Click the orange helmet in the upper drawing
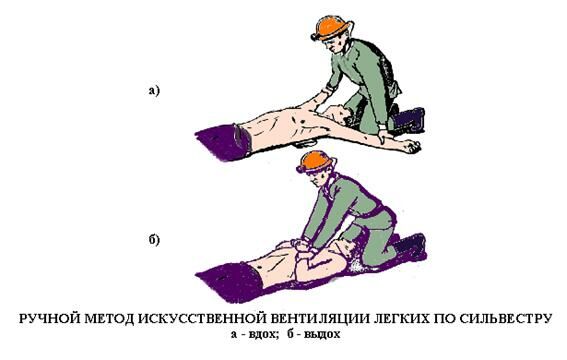332,27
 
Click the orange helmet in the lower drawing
315,162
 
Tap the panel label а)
154,90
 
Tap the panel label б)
154,240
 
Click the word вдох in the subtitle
261,334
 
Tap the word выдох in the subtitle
322,334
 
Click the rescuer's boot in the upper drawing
409,119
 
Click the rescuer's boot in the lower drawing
410,247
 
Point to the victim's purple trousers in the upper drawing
223,142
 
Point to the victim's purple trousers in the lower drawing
229,282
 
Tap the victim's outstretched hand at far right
412,145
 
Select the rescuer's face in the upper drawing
332,44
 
